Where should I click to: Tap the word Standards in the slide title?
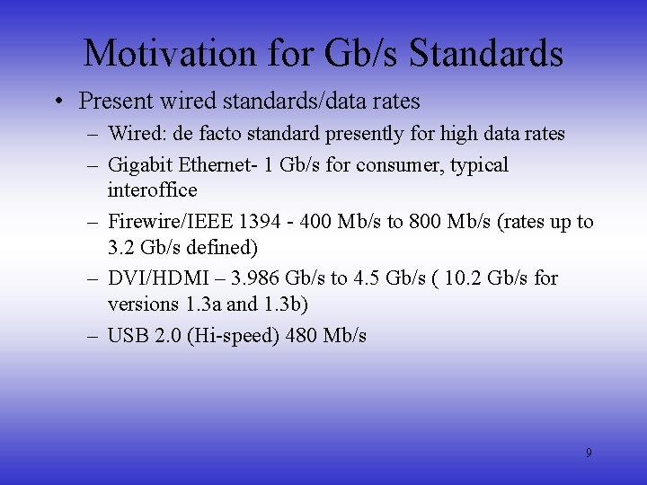[486, 54]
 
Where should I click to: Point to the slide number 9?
[589, 453]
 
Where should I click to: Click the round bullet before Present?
[58, 101]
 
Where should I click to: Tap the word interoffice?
[152, 190]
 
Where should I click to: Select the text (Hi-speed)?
[233, 336]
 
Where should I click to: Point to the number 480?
[301, 336]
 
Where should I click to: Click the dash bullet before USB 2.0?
[93, 336]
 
